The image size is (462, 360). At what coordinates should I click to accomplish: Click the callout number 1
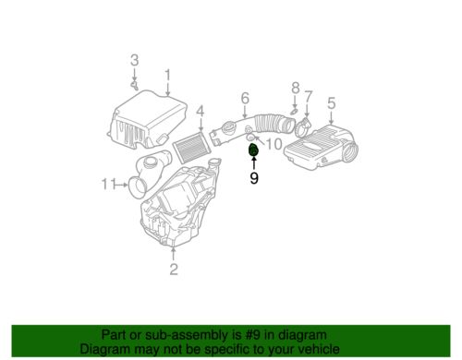167,75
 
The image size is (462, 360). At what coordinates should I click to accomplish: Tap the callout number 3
134,61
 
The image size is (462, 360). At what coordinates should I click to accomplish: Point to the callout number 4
199,114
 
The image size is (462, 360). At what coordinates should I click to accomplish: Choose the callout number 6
245,99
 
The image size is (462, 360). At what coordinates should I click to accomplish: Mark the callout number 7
309,96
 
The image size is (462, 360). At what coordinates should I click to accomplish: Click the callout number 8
296,88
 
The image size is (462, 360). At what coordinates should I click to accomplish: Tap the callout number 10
274,143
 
